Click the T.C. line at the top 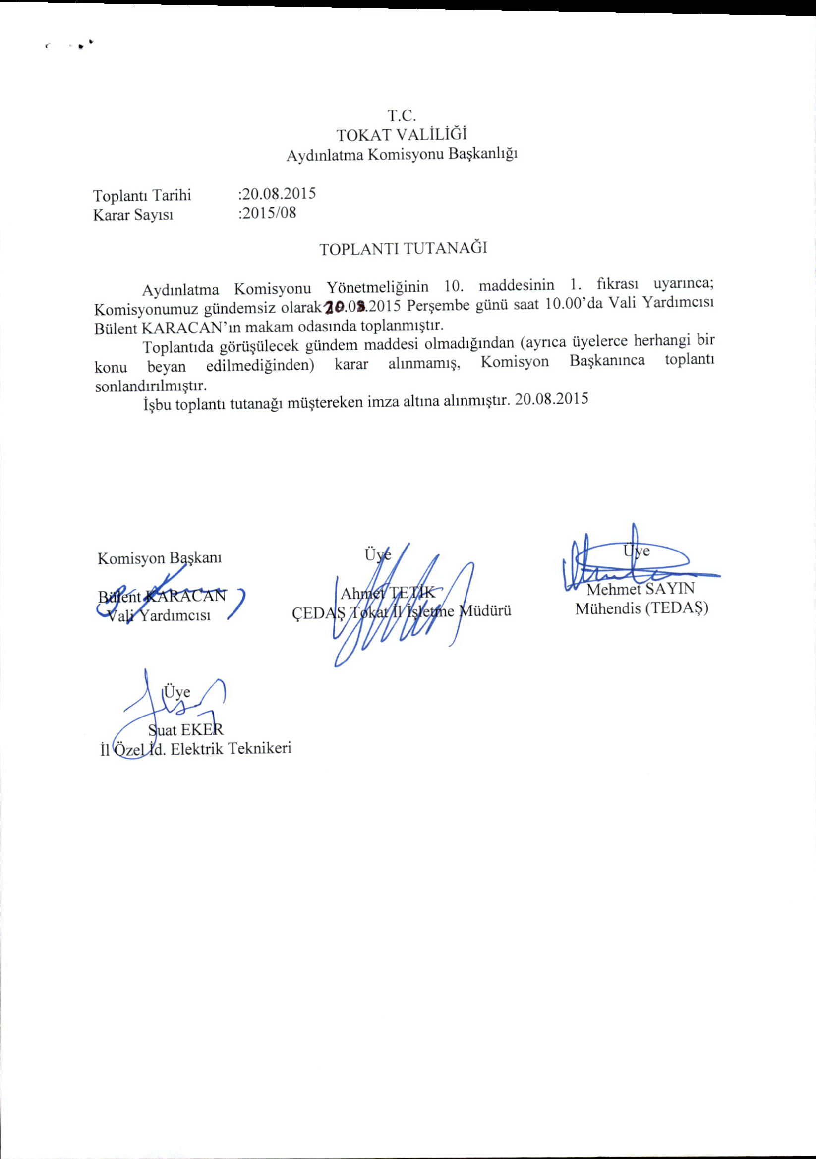402,115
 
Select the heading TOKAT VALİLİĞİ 402,134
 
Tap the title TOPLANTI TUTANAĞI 403,248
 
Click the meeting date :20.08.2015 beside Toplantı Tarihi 277,193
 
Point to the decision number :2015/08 267,213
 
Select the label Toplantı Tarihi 142,195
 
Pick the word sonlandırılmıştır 151,386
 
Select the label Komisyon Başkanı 160,558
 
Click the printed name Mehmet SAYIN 641,589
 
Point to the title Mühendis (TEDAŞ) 642,608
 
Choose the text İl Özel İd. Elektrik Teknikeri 196,749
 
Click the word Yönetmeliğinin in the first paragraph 377,287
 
